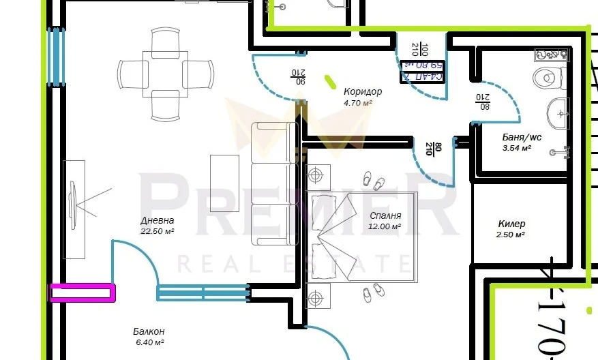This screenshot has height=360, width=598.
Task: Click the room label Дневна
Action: (158, 220)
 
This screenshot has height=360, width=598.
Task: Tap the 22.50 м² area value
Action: (158, 231)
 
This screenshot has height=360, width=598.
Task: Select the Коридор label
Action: (362, 92)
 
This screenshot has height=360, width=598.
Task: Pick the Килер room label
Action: (511, 224)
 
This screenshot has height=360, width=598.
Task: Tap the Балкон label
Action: (149, 331)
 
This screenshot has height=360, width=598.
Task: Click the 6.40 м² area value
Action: (149, 342)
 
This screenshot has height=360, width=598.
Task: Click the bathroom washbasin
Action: (558, 112)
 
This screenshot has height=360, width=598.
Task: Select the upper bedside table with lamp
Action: (316, 176)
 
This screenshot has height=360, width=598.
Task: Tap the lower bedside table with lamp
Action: (315, 298)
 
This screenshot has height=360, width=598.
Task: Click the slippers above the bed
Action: (373, 182)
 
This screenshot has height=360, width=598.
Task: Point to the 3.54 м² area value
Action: (516, 147)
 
